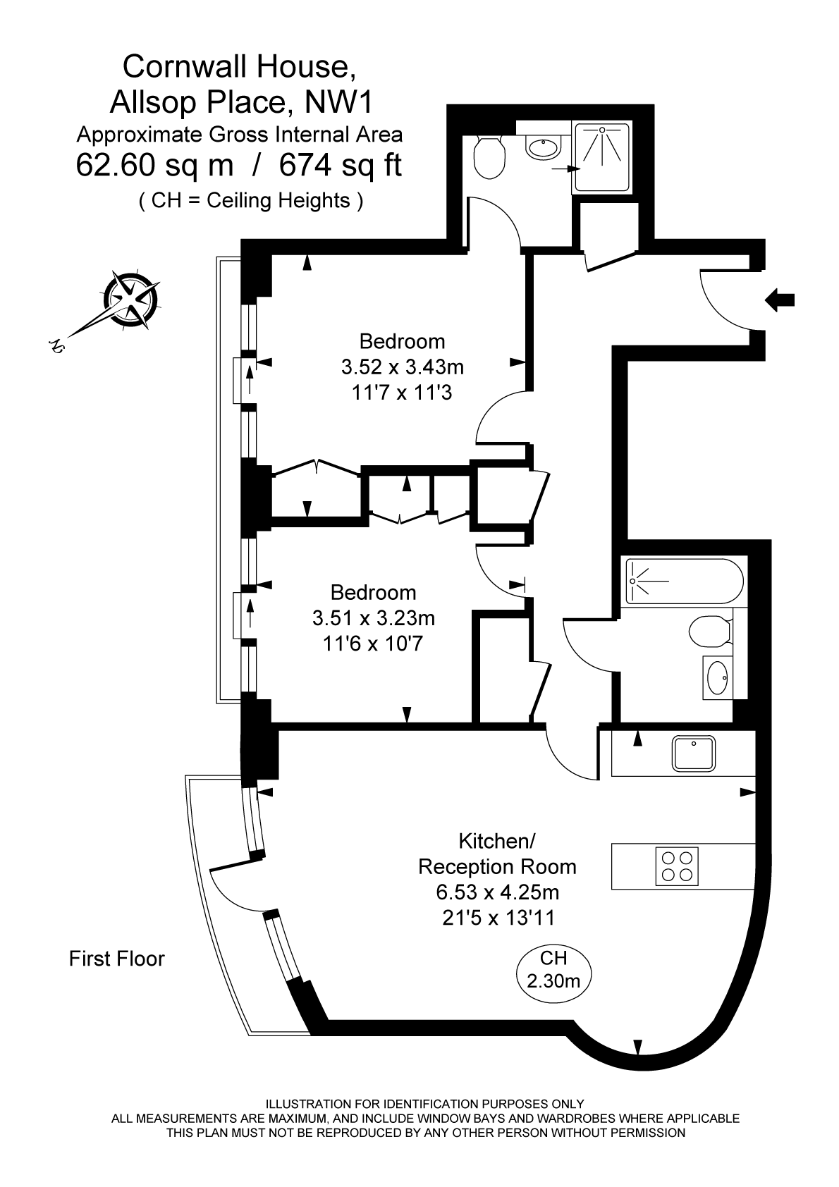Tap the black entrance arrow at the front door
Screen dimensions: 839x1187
(x=780, y=300)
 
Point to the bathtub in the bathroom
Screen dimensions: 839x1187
(x=684, y=581)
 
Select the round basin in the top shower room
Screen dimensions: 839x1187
(x=542, y=147)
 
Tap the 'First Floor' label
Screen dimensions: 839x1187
(x=117, y=959)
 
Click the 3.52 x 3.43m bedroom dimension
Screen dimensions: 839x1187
(x=403, y=367)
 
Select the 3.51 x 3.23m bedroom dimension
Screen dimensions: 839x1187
(x=374, y=618)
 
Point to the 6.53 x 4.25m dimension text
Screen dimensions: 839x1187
(x=498, y=892)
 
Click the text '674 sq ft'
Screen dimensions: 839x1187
(x=341, y=166)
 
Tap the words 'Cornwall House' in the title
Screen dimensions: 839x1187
(x=236, y=67)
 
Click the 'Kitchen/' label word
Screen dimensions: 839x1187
(x=498, y=841)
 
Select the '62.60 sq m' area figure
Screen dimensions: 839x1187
(x=154, y=166)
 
